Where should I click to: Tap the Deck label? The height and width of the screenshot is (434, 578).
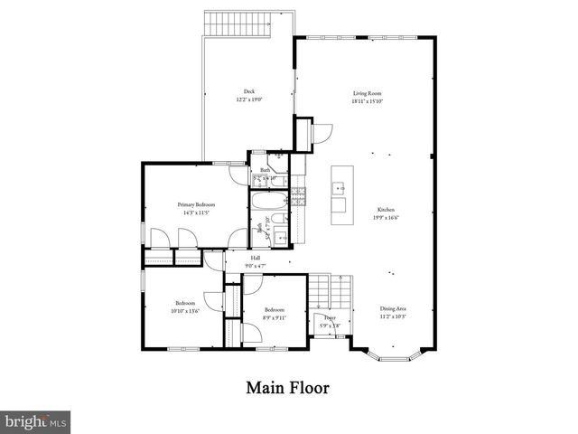(248, 91)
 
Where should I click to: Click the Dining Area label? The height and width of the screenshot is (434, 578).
(393, 307)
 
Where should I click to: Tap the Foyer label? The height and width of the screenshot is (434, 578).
(331, 318)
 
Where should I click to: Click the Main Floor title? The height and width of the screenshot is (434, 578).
(288, 388)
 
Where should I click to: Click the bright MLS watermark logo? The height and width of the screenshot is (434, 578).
(35, 421)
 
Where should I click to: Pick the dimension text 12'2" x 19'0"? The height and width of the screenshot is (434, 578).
(248, 99)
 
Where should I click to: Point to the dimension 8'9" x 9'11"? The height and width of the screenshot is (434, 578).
(275, 316)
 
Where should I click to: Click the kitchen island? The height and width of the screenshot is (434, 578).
(340, 196)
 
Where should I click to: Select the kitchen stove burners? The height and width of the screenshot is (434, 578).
(301, 193)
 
